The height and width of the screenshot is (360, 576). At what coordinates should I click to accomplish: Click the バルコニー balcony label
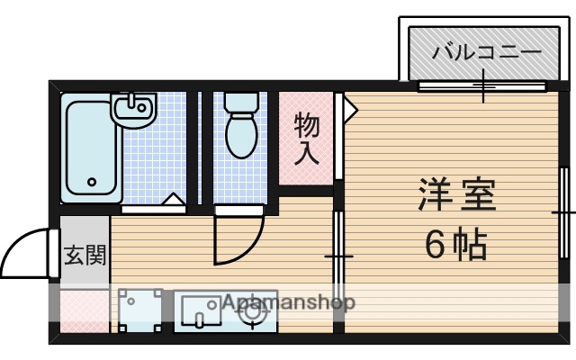(x=486, y=51)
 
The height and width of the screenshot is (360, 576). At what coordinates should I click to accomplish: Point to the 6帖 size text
(x=456, y=243)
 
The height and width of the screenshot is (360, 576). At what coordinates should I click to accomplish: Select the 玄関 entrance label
(x=85, y=255)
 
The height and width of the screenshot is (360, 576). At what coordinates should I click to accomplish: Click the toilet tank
(x=240, y=103)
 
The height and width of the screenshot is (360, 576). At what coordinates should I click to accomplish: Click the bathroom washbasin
(x=135, y=109)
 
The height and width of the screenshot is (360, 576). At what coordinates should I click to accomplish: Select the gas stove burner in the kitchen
(x=254, y=311)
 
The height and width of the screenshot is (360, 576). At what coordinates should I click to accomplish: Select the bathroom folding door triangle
(x=173, y=200)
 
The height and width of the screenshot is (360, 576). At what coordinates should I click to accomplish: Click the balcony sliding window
(x=483, y=86)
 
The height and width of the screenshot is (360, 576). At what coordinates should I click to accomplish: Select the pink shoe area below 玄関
(x=84, y=310)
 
